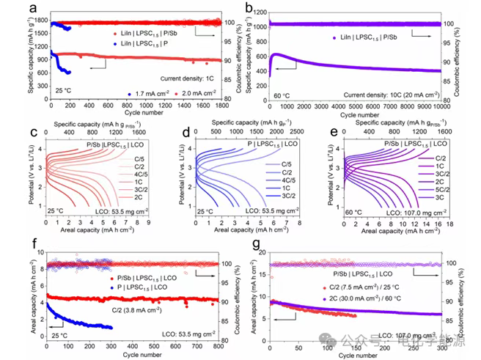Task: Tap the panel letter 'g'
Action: (x=251, y=243)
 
